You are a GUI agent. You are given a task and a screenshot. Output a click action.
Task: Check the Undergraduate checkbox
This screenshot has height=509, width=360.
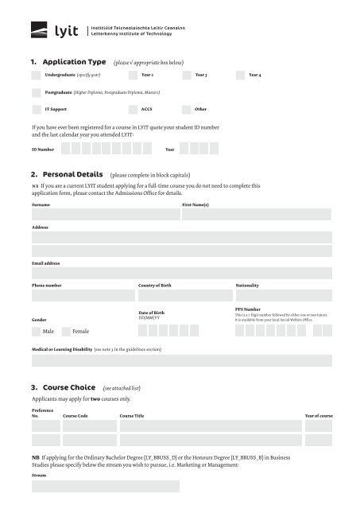(36, 74)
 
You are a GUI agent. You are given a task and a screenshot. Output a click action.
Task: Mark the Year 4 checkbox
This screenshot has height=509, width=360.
(240, 74)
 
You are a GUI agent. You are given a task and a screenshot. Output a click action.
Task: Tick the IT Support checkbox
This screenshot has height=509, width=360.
(36, 110)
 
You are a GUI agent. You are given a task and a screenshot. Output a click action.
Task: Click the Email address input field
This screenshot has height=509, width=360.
(181, 273)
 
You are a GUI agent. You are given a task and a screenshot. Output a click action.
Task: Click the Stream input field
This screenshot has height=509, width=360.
(181, 486)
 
